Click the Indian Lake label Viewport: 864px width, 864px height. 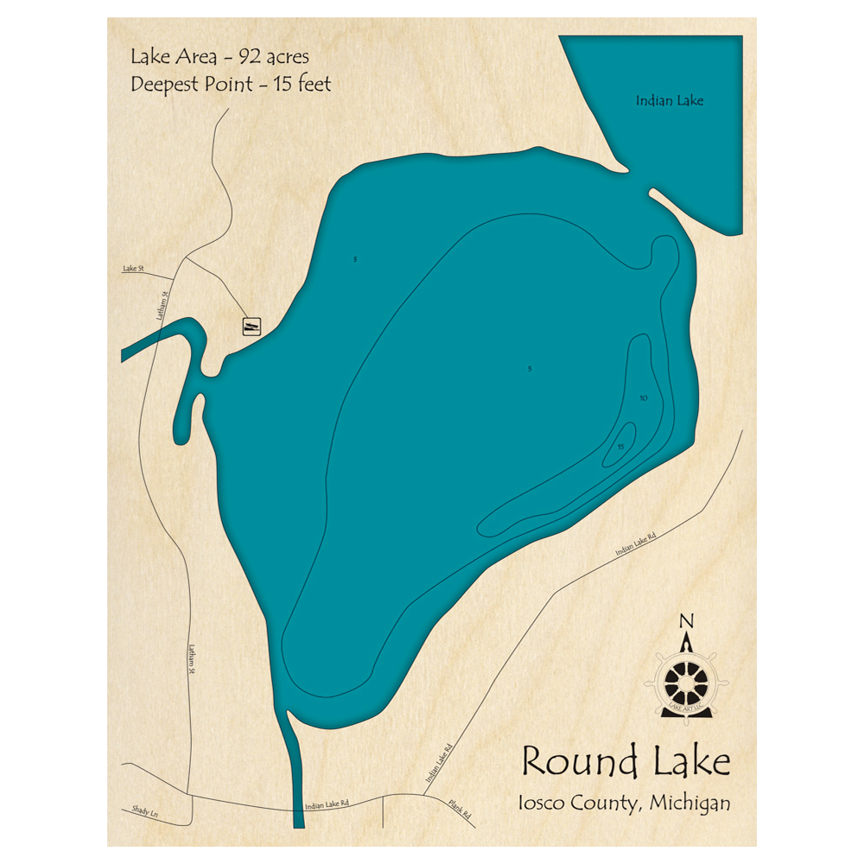670,101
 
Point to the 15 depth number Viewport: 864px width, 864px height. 620,446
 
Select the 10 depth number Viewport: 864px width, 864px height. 643,398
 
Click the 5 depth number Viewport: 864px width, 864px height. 530,369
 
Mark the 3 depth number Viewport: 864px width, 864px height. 355,259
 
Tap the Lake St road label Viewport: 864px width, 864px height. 131,270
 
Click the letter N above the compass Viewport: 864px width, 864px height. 687,620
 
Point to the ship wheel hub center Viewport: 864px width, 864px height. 689,682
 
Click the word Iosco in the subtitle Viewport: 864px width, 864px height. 540,803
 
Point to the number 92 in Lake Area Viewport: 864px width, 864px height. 253,58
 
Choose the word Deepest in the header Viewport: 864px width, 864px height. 167,85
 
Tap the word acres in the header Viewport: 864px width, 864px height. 289,58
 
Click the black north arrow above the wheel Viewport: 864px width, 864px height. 688,644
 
